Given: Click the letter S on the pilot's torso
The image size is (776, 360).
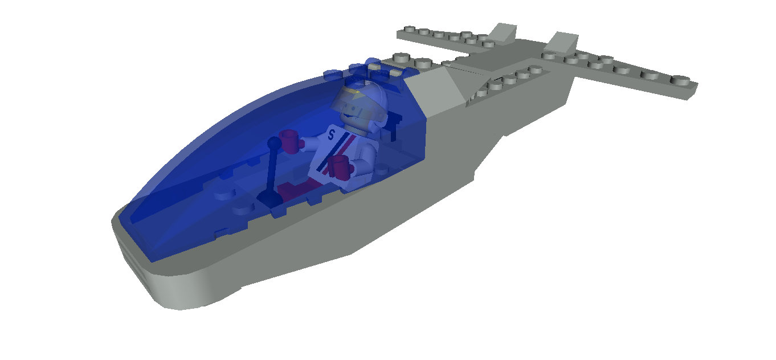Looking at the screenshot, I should [331, 135].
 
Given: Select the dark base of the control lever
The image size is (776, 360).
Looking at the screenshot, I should [268, 197].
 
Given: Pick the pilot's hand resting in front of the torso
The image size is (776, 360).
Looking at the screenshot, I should [339, 166].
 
